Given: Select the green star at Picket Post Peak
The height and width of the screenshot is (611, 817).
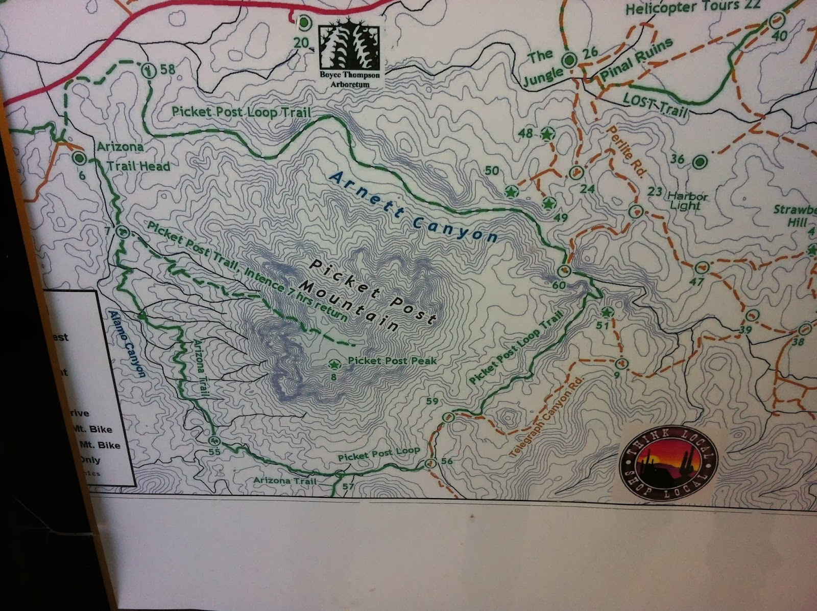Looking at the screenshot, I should point(334,365).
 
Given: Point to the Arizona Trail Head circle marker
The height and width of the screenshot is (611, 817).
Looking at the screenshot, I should point(79,158).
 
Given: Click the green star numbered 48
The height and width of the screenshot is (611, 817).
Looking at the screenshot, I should point(547,134).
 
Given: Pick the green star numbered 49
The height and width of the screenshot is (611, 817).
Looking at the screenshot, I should point(549,203).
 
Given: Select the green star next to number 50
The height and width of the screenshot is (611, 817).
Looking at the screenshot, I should point(511,192).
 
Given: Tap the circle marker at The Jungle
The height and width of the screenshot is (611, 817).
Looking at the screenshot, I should point(569,61).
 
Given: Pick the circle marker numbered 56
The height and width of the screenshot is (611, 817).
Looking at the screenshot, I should point(430,464).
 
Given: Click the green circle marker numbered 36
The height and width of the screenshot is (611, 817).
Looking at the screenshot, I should point(699,162).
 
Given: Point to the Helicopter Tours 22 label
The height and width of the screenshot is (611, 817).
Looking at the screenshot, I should point(693,7).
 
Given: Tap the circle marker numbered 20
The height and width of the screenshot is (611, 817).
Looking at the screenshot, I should point(304,23).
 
